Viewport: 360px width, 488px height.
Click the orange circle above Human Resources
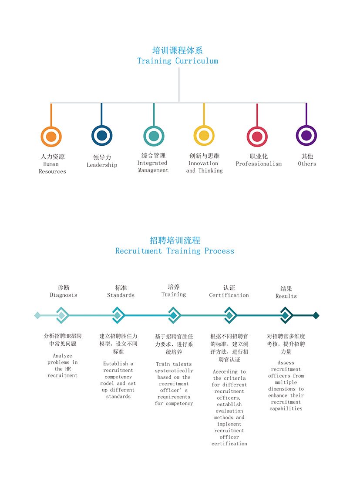coord(51,137)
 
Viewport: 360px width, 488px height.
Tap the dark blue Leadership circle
coord(102,135)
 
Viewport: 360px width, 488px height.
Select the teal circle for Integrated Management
coord(154,136)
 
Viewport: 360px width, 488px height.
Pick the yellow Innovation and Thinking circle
coord(204,136)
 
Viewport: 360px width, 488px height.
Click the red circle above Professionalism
coord(257,137)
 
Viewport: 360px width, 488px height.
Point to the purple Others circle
coord(306,135)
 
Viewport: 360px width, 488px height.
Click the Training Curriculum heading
coord(178,61)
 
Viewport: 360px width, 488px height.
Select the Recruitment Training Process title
coord(175,251)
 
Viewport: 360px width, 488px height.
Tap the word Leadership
coord(102,165)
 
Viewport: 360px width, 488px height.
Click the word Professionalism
coord(259,164)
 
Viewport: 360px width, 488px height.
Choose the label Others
coord(307,164)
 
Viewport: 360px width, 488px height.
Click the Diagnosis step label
coord(64,295)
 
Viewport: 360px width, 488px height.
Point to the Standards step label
coord(121,295)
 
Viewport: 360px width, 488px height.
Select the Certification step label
coord(229,295)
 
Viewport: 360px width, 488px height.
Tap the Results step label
coord(286,296)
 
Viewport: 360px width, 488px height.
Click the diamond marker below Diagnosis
coord(62,315)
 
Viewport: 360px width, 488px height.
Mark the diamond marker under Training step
coord(174,315)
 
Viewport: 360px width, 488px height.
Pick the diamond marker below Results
coord(285,315)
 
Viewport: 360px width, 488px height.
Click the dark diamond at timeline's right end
coord(316,315)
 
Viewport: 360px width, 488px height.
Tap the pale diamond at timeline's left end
coord(37,315)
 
